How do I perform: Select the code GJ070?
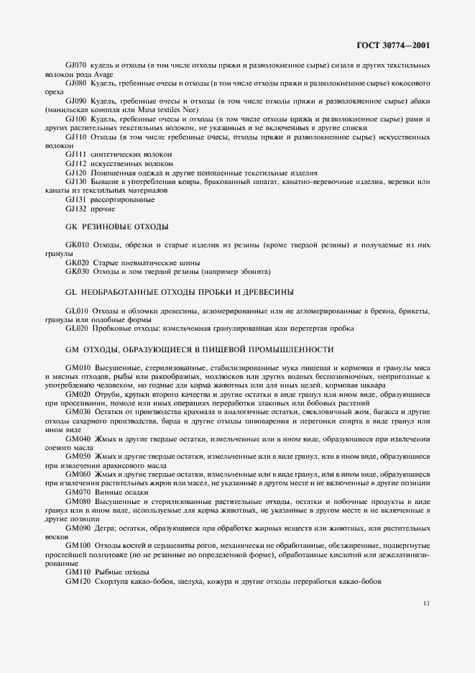coord(76,65)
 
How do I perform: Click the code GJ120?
coord(76,173)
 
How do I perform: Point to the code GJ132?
coord(76,209)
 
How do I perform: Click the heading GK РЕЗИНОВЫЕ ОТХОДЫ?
coord(116,227)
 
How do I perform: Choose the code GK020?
coord(77,262)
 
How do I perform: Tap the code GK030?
coord(77,272)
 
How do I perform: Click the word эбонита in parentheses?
coord(254,272)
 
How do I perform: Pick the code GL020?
coord(77,328)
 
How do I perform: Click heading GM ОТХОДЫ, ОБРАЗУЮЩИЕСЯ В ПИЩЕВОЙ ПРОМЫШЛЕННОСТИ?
coord(199,349)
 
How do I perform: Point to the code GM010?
coord(78,367)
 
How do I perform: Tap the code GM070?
coord(78,492)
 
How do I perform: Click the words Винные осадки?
coord(117,492)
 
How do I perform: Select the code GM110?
coord(78,572)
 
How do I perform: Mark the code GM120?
coord(78,581)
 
